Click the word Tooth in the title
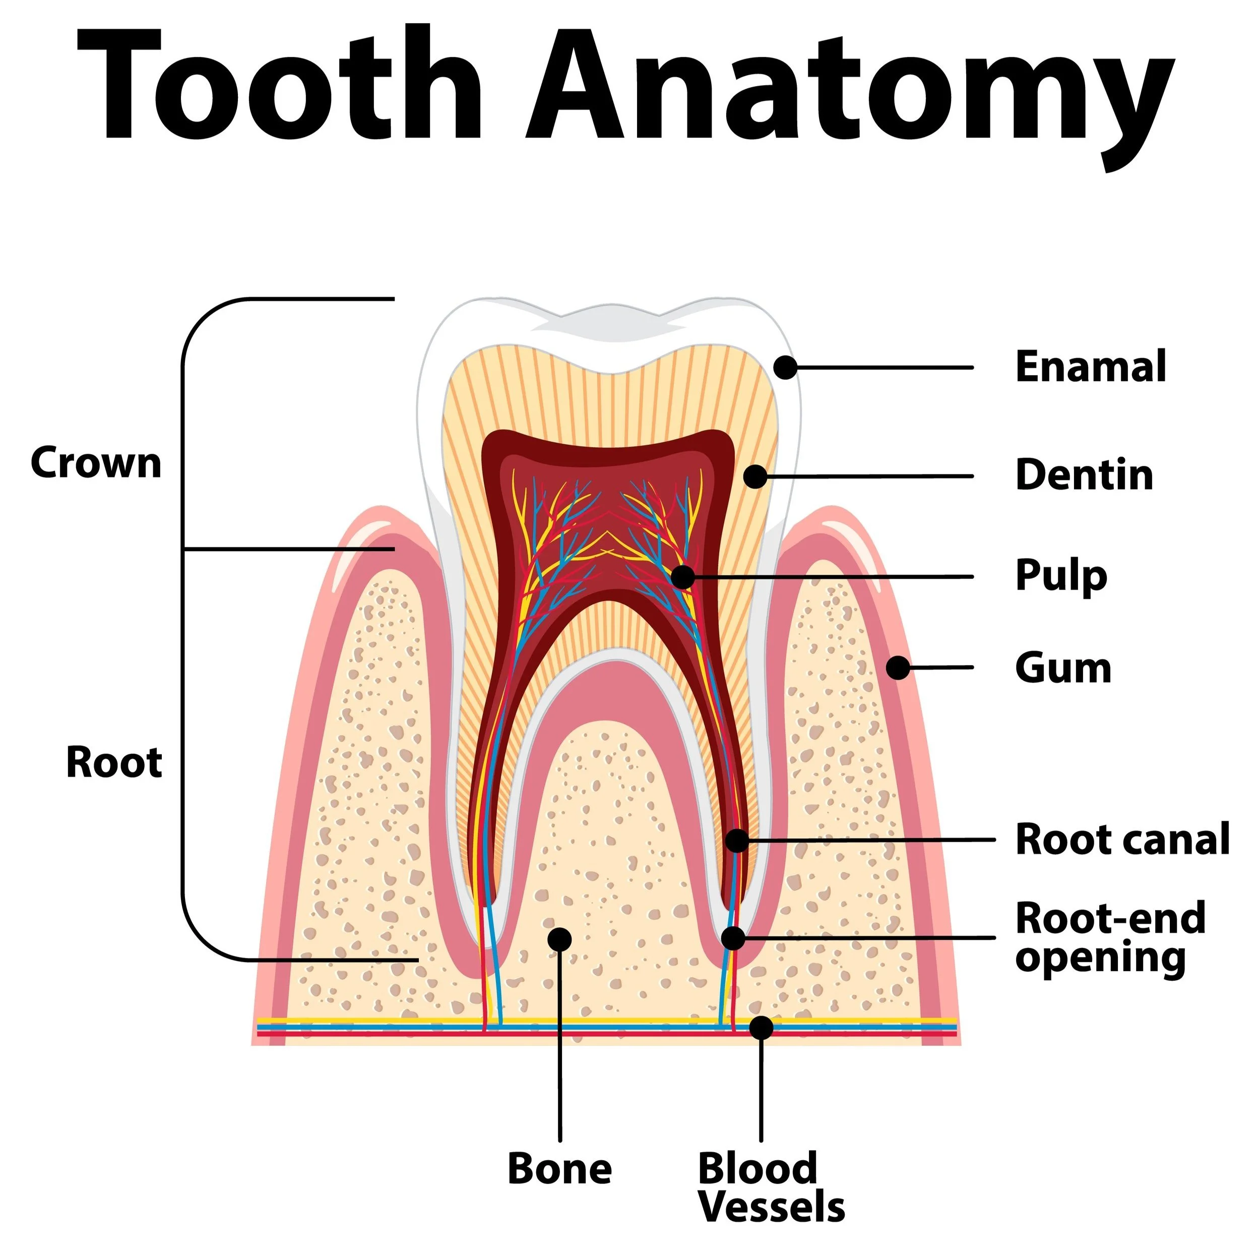tap(280, 85)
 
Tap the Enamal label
tap(1091, 368)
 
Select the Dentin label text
tap(1084, 475)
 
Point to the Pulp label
tap(1061, 577)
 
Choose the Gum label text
tap(1063, 668)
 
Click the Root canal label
tap(1122, 839)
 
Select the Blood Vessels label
tap(770, 1187)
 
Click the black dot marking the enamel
tap(785, 368)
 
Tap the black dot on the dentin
tap(754, 476)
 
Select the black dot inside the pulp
tap(682, 577)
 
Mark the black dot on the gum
tap(898, 668)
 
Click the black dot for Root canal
tap(737, 841)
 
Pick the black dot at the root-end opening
tap(733, 938)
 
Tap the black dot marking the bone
tap(559, 939)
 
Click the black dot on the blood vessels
tap(761, 1028)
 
